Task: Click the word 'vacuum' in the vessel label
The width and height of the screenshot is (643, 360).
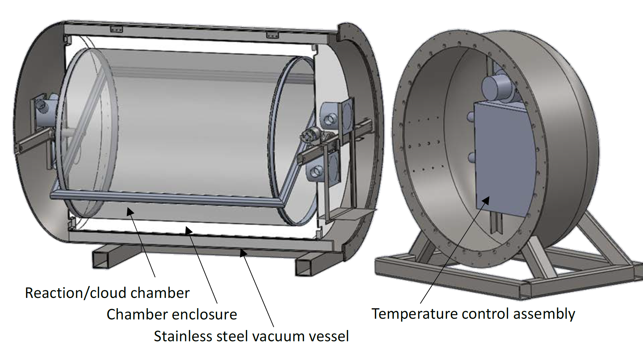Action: pos(276,336)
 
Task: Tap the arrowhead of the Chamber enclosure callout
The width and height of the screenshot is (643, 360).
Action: pos(188,230)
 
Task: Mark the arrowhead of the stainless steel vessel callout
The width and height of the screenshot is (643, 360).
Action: pos(243,253)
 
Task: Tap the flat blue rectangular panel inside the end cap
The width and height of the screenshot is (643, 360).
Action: pos(503,157)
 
